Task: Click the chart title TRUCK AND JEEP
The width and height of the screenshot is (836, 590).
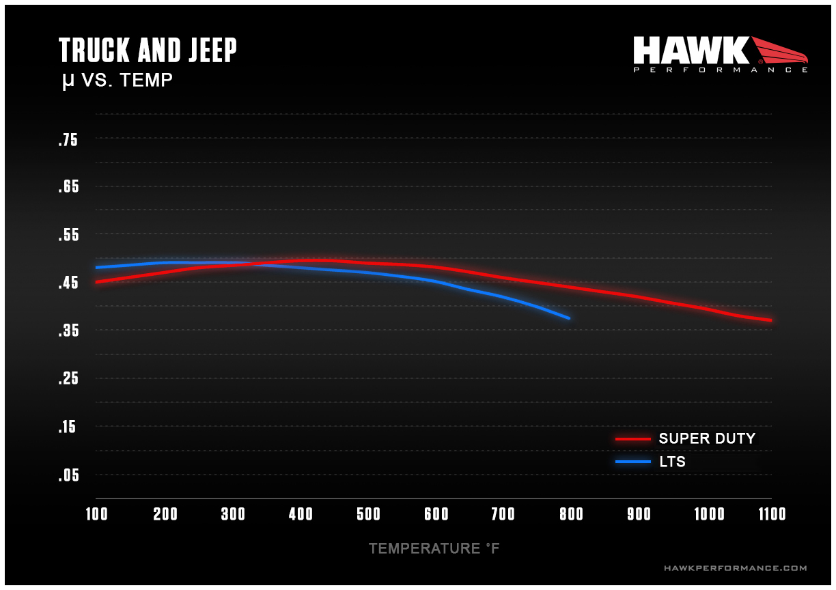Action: (x=148, y=51)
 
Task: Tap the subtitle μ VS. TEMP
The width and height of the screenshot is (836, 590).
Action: (x=116, y=81)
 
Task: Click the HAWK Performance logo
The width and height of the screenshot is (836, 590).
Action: (x=720, y=54)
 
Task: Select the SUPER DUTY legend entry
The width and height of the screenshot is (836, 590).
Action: (x=706, y=438)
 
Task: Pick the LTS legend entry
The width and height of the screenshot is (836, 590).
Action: (x=672, y=462)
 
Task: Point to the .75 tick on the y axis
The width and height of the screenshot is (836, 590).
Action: (x=68, y=141)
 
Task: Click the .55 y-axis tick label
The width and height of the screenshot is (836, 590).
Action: (x=68, y=236)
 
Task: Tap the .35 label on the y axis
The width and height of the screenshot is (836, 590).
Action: (x=68, y=331)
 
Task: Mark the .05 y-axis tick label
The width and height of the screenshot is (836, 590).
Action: (x=68, y=475)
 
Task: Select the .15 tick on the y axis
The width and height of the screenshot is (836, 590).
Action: (x=68, y=427)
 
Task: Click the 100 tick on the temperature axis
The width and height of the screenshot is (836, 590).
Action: (x=96, y=514)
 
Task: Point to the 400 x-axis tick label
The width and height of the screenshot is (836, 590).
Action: (x=301, y=514)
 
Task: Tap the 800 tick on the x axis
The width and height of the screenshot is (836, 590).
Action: (x=572, y=514)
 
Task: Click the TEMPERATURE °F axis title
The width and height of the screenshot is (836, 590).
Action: (x=434, y=548)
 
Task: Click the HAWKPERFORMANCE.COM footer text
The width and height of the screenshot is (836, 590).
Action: (x=735, y=568)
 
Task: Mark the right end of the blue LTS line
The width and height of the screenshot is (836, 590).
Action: (x=569, y=318)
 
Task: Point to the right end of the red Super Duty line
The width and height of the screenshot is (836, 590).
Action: (x=771, y=320)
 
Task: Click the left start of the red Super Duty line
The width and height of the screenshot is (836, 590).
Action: (x=96, y=282)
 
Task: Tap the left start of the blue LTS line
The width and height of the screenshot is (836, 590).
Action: (x=96, y=267)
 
